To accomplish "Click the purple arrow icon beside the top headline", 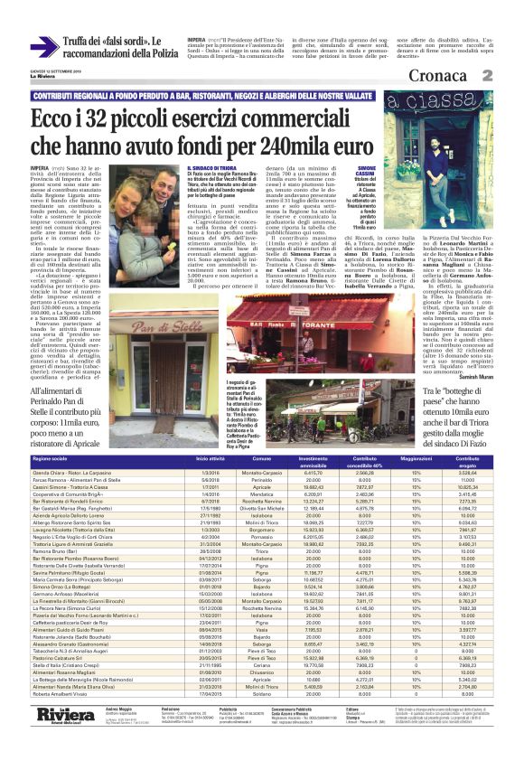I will tap(45, 46).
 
